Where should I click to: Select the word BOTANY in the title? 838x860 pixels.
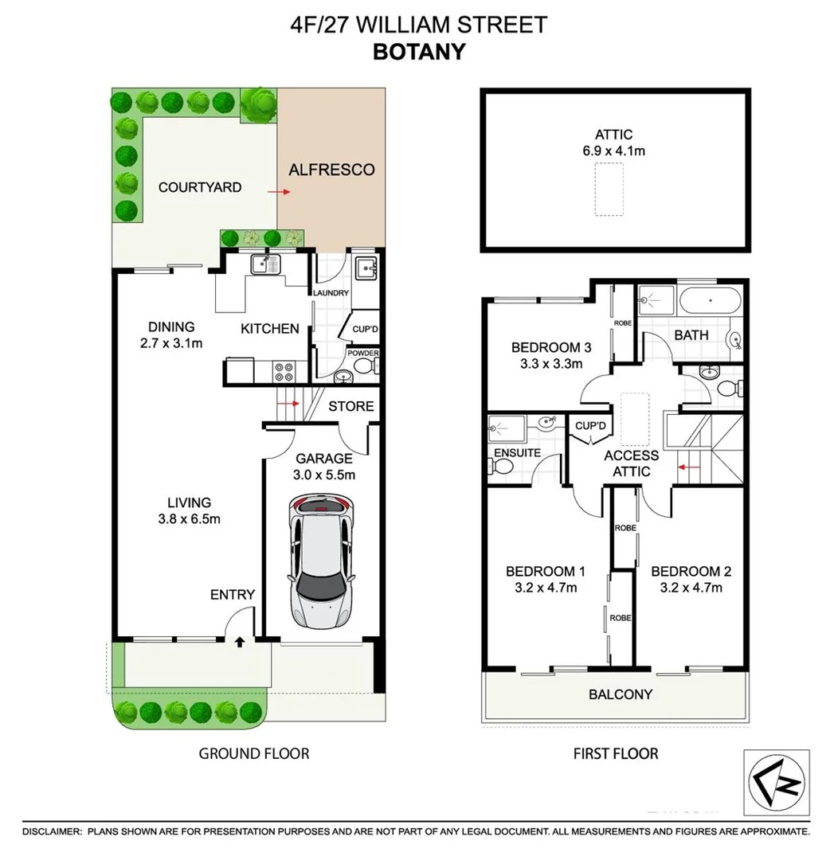point(419,51)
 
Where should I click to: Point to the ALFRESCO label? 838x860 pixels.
point(331,170)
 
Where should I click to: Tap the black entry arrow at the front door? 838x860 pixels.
point(240,641)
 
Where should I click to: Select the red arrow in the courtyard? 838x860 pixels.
point(278,192)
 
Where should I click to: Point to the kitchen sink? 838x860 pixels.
point(264,264)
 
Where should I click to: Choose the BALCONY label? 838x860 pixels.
point(621,694)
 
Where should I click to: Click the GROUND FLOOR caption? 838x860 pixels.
point(253,753)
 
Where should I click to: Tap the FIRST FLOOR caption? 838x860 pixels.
point(616,753)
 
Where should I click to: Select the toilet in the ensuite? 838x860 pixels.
point(499,470)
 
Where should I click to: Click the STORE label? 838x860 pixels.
point(351,406)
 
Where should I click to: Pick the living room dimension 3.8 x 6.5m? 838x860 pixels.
point(189,519)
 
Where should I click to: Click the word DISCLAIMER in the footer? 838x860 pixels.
point(53,831)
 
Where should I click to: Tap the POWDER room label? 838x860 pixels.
point(363,354)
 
